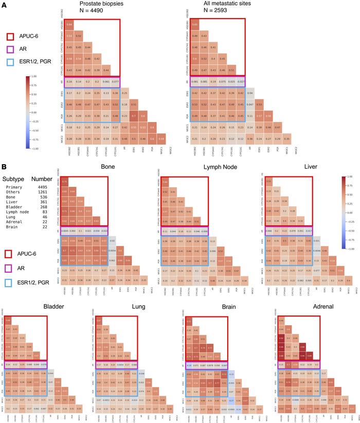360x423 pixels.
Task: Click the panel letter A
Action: point(4,5)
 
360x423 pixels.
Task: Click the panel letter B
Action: point(4,167)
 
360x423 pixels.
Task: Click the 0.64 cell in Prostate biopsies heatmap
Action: point(69,25)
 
